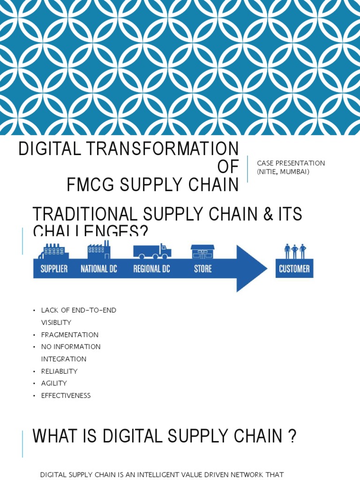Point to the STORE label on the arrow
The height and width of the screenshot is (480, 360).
202,269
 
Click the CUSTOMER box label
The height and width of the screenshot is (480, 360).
294,269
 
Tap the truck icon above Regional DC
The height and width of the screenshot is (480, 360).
152,251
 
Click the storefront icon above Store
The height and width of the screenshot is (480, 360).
202,252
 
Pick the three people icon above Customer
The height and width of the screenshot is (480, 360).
295,251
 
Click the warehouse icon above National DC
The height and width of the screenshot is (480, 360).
98,250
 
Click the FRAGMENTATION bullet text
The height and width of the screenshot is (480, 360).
70,335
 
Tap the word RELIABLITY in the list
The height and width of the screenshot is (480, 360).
60,371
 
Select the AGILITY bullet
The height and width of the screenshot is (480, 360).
54,383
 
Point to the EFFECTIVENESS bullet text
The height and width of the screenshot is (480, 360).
66,396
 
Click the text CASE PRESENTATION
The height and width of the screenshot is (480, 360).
291,163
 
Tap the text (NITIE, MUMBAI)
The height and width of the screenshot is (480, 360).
284,171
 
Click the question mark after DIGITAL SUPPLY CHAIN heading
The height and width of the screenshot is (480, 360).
292,437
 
